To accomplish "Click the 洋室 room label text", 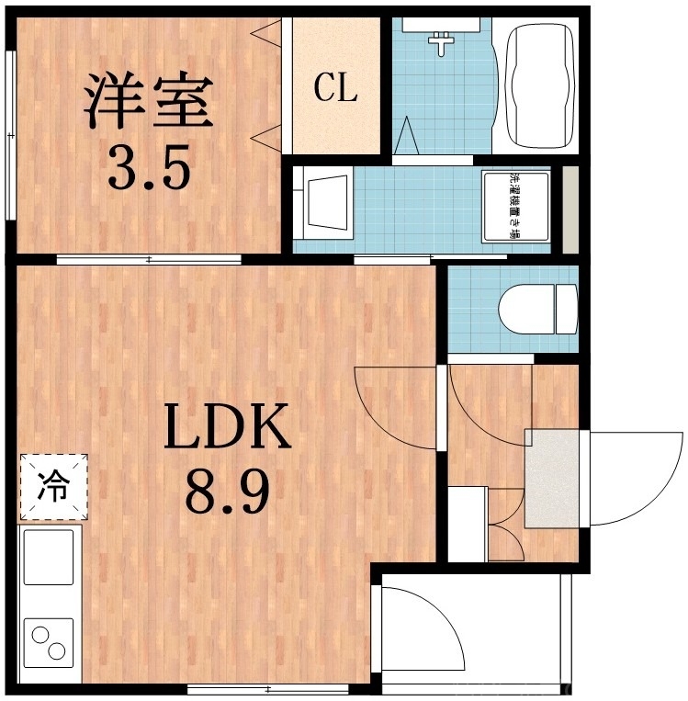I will [149, 102].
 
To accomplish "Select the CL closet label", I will [335, 88].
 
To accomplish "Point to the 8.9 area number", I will [227, 492].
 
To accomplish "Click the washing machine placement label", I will [516, 206].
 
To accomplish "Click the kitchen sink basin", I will [49, 557].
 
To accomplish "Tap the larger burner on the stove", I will [40, 635].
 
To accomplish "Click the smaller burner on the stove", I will [59, 653].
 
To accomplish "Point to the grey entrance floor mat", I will [552, 478].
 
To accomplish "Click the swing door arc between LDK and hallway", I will [395, 404].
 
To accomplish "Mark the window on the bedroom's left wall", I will [9, 135].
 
